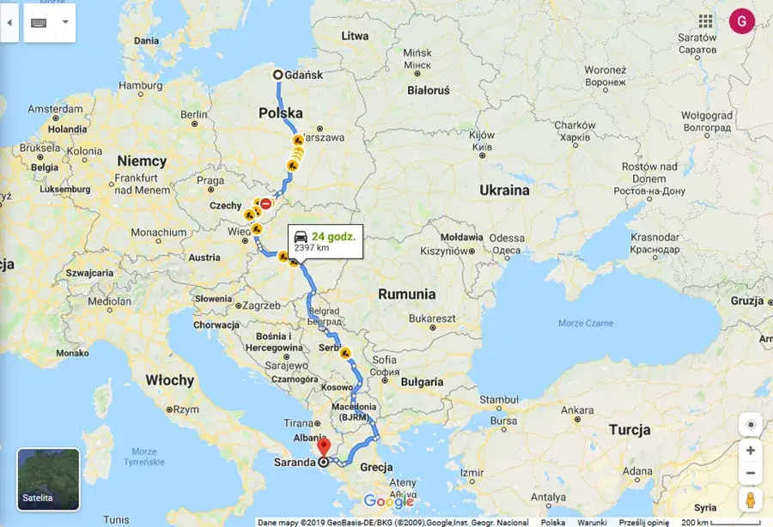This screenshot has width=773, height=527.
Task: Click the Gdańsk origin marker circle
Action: [x=278, y=75]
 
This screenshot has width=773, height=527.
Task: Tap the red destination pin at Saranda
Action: [x=324, y=447]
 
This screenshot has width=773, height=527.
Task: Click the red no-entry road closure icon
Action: [x=266, y=204]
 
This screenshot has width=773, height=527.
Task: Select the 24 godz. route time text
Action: [x=333, y=236]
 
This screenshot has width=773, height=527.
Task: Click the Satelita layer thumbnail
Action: [x=48, y=479]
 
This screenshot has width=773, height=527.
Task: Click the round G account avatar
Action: [x=741, y=21]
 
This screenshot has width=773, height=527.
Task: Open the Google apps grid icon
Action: [x=706, y=21]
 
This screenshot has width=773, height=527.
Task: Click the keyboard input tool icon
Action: [x=39, y=23]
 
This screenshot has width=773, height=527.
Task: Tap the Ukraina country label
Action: [x=503, y=190]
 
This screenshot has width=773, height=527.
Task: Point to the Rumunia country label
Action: [x=407, y=294]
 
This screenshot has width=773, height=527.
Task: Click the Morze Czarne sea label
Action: [x=586, y=323]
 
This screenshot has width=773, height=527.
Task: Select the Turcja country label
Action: [x=630, y=430]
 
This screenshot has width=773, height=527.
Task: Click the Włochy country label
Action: [x=169, y=380]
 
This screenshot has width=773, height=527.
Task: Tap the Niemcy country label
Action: [x=142, y=161]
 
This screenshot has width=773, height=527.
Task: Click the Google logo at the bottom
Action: [x=388, y=501]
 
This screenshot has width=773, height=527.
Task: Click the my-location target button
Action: [x=751, y=425]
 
